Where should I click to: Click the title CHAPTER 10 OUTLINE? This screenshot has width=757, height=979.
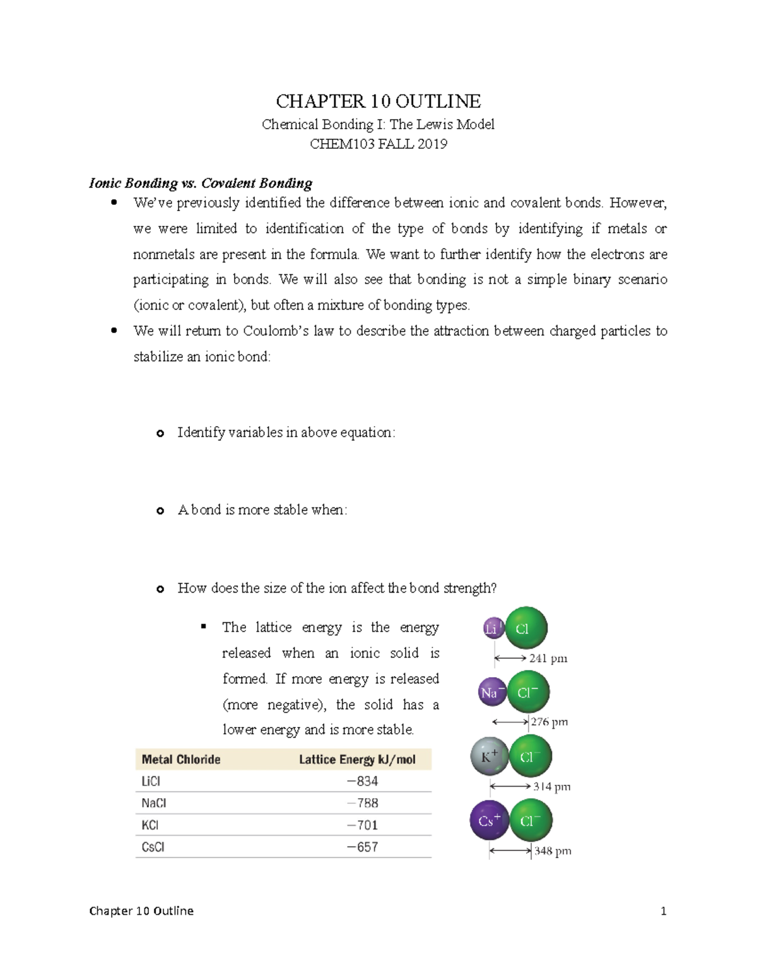[378, 101]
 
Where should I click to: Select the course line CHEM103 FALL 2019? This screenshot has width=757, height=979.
[378, 144]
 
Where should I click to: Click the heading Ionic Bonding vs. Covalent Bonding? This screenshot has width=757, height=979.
[201, 183]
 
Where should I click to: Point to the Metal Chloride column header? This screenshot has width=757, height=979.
[181, 760]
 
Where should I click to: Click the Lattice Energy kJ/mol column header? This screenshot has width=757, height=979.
[357, 760]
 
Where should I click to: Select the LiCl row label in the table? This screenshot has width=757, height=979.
[151, 782]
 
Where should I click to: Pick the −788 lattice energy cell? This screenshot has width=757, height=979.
[362, 803]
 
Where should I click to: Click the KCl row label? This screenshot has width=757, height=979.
[150, 825]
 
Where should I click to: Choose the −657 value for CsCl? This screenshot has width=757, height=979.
[362, 847]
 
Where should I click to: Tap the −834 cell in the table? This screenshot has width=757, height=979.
[362, 782]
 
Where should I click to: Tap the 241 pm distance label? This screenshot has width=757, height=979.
[548, 659]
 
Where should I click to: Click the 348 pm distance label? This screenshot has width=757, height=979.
[553, 851]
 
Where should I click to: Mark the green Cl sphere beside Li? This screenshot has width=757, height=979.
[525, 628]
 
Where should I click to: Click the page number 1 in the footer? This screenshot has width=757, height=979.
[663, 911]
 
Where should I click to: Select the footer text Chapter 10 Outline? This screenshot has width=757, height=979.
[141, 911]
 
